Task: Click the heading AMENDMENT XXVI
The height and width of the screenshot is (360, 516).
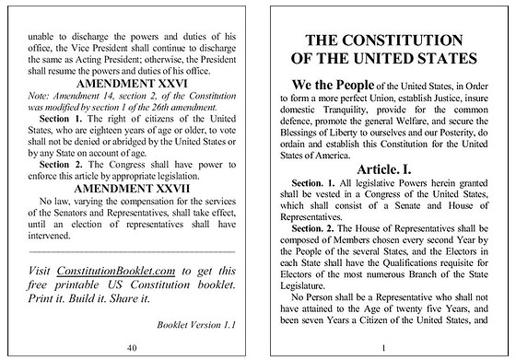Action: (x=134, y=83)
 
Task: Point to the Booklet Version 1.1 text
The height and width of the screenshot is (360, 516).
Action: (x=197, y=324)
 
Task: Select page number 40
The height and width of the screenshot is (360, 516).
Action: (x=132, y=347)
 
